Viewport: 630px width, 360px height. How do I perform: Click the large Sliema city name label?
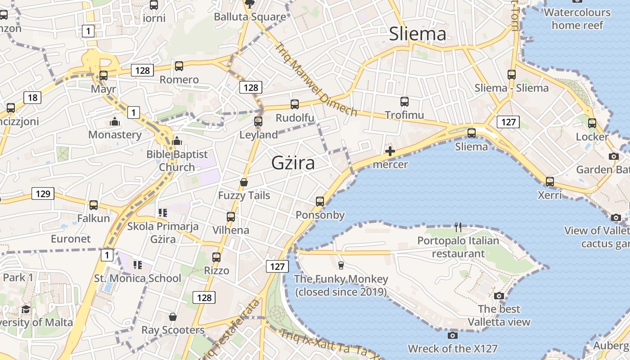[418, 34]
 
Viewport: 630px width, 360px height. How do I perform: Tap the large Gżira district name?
[293, 163]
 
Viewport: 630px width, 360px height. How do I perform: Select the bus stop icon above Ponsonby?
[320, 201]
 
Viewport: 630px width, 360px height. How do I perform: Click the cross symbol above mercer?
[390, 151]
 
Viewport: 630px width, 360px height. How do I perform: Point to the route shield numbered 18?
[32, 97]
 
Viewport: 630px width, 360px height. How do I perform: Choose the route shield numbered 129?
[43, 193]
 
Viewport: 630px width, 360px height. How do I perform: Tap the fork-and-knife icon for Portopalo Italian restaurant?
[458, 227]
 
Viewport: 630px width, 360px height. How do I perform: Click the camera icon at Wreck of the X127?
[453, 335]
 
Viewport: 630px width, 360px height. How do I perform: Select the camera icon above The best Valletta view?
[499, 296]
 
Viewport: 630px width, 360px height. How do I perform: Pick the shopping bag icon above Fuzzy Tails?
[244, 182]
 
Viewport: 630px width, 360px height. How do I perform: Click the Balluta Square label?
[250, 17]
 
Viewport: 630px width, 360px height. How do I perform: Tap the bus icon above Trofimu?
[404, 101]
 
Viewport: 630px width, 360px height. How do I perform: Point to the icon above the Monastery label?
[115, 121]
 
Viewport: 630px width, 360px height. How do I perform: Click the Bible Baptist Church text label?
[177, 161]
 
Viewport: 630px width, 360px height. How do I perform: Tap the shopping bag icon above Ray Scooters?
[173, 317]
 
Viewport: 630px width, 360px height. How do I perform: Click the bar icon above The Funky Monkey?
[341, 265]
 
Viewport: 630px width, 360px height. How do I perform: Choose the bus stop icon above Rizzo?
[216, 257]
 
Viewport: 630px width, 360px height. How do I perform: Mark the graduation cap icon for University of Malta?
[26, 309]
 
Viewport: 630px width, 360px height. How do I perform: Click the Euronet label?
[71, 238]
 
